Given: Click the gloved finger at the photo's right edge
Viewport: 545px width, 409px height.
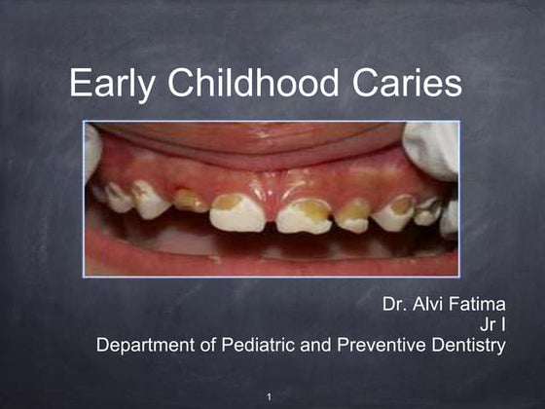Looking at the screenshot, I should (432, 146).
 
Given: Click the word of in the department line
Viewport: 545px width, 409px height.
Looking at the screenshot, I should (209, 345).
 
